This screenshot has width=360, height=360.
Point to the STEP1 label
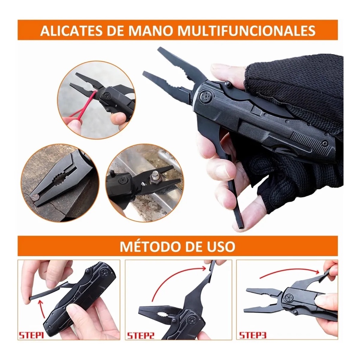31,335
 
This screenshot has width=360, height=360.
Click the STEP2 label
140,335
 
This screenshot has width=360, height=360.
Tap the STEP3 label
252,335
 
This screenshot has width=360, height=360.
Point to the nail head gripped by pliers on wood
34,197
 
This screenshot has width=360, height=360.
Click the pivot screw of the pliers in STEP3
290,298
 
